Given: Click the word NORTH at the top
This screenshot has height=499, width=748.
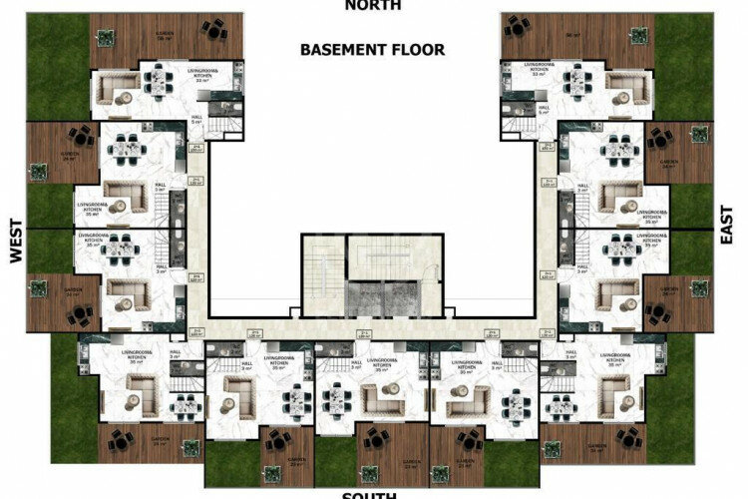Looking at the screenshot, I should point(373,5).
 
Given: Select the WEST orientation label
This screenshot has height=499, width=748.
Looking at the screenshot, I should point(15,243).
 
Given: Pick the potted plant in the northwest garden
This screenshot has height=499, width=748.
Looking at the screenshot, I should point(103,37).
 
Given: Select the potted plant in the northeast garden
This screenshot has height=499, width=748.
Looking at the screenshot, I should point(641,37).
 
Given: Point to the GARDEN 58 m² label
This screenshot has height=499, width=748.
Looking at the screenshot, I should point(165,36).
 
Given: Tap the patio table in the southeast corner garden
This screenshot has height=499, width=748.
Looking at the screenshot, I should point(627,437).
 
